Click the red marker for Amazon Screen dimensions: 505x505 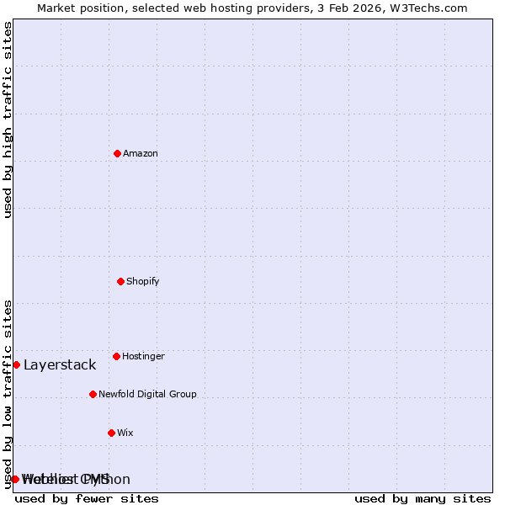tap(117, 153)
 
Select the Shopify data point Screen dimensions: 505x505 tap(120, 281)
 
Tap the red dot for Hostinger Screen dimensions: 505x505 tap(116, 356)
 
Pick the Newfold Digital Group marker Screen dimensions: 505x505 tap(93, 394)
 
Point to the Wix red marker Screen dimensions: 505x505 tap(111, 433)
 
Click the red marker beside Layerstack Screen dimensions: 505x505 tap(16, 364)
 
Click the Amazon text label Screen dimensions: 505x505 tap(141, 153)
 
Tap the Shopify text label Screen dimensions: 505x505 tap(143, 281)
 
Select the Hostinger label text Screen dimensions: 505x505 tap(143, 356)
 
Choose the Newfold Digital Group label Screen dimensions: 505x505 tap(147, 394)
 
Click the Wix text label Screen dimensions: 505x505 tap(125, 433)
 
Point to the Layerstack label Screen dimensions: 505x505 tap(60, 364)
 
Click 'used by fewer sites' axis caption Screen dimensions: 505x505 tap(87, 498)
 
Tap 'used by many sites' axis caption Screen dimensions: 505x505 tap(423, 498)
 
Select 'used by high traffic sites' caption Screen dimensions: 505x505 tap(8, 120)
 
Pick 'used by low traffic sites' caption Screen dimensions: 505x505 tap(8, 394)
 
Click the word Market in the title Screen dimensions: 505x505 tap(56, 8)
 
